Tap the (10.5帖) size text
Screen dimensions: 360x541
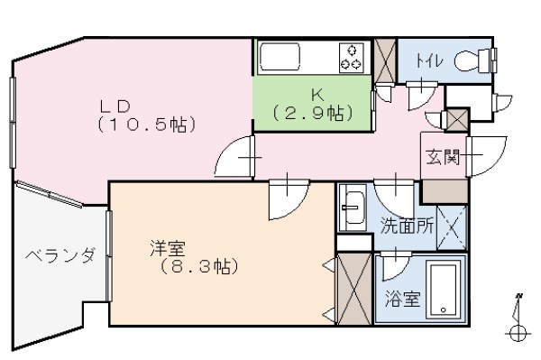[x=146, y=124]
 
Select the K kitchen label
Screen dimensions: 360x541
[x=316, y=94]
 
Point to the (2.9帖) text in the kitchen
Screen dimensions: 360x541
[x=312, y=113]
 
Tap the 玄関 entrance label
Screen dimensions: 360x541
[x=443, y=158]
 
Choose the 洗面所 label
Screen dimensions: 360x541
[x=408, y=226]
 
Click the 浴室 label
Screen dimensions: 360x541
[x=401, y=300]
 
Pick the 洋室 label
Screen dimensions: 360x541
[x=168, y=247]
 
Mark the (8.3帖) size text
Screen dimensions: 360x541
[x=193, y=267]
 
